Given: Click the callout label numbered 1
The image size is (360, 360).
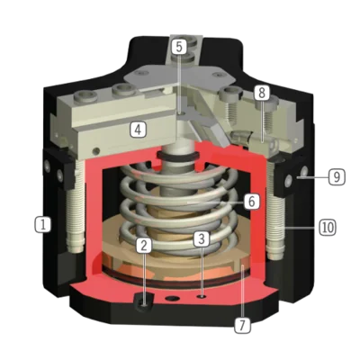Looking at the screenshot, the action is [43, 224].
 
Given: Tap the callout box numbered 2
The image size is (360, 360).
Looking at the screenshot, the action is [144, 246].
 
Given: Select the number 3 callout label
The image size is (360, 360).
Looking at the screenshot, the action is [202, 239].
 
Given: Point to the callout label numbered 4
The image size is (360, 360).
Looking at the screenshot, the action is [138, 130].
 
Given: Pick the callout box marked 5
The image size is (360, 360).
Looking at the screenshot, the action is [179, 47].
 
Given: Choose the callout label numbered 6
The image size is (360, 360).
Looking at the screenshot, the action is [251, 202].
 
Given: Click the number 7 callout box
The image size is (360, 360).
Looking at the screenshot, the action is [242, 325].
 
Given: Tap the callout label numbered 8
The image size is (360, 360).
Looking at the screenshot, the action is [262, 93].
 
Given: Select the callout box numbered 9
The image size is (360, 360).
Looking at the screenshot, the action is [337, 177].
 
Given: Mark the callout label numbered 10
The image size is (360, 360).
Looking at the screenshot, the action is [327, 227].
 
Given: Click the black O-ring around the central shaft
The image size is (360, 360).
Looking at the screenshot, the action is [177, 156].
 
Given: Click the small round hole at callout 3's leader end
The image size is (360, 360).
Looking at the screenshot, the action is [202, 296].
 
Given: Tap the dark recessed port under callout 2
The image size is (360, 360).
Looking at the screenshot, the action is [144, 302].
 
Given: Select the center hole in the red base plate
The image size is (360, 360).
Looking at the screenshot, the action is [172, 298].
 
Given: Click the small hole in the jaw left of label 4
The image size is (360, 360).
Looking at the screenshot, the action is [96, 149].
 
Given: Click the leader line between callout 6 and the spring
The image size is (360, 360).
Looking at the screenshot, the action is [215, 202].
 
